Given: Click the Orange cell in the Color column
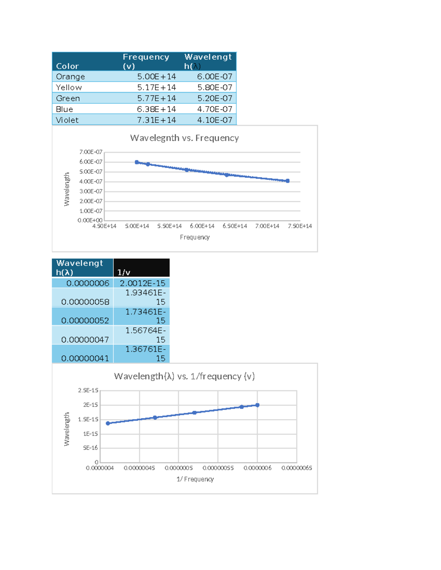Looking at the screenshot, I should [71, 77].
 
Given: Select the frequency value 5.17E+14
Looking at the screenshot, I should [156, 87].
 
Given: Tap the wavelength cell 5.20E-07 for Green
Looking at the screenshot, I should [215, 98].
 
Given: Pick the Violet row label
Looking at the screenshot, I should [67, 120].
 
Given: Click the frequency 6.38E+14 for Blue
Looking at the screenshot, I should [156, 109].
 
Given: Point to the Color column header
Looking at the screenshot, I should [68, 66].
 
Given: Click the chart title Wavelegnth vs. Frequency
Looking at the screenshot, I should [184, 138].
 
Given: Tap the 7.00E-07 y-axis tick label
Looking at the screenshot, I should [91, 152].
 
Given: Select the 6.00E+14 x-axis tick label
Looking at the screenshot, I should [202, 226].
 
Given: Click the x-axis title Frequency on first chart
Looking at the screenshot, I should [195, 237].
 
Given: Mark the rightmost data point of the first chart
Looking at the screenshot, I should [287, 181].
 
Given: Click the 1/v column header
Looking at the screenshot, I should [124, 272].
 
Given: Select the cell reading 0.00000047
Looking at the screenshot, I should [85, 340].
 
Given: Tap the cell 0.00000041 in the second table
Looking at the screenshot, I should [85, 358].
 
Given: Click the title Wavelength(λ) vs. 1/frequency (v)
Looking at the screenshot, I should [184, 376].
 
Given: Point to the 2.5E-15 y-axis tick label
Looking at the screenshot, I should [88, 390].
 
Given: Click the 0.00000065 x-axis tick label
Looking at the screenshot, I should [297, 468].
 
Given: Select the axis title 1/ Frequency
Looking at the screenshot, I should [195, 479].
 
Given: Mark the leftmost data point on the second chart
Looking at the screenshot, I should [108, 423].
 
